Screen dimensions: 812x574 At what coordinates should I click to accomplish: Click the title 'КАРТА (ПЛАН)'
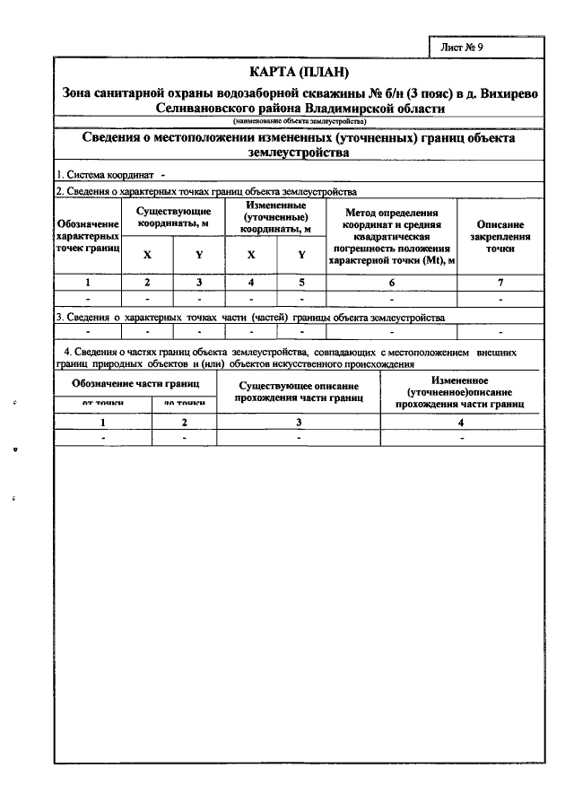[x=298, y=73]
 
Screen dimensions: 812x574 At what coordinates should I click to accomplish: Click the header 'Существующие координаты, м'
[x=174, y=215]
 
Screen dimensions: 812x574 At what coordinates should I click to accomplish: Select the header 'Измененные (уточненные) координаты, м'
[x=276, y=217]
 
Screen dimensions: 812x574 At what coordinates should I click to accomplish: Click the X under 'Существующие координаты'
[x=147, y=255]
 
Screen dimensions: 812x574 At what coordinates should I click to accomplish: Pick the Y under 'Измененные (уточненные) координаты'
[x=301, y=255]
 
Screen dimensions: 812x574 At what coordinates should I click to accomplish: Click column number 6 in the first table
[x=391, y=283]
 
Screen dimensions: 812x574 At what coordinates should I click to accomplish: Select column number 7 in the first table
[x=500, y=283]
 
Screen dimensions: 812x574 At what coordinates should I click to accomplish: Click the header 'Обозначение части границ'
[x=136, y=384]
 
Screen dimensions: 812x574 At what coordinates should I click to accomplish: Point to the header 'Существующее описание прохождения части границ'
[x=299, y=391]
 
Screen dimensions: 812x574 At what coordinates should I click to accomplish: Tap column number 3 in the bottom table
[x=299, y=422]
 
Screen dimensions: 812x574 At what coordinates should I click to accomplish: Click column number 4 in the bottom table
[x=460, y=422]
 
